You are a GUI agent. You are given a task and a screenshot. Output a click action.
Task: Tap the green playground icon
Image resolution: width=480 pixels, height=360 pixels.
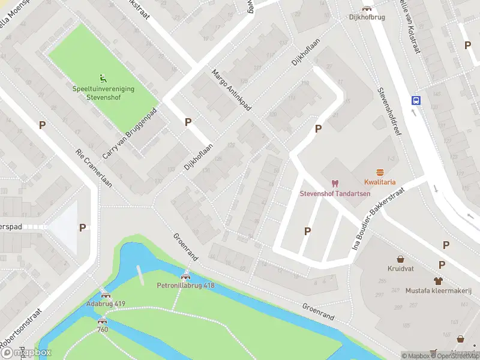point(103,77)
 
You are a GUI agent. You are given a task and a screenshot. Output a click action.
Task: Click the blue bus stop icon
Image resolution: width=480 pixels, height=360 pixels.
point(415,100)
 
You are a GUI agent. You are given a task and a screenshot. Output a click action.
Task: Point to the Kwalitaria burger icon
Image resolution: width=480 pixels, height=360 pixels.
point(379,172)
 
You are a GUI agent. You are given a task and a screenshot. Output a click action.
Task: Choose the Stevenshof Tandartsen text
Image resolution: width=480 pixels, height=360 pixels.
point(335,193)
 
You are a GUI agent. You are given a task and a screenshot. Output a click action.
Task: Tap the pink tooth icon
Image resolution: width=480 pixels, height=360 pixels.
point(335,183)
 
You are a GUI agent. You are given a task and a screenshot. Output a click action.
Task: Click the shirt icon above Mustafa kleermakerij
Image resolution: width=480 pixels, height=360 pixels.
point(438,280)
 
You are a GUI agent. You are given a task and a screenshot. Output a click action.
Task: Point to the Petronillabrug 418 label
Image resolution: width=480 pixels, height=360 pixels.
point(185,286)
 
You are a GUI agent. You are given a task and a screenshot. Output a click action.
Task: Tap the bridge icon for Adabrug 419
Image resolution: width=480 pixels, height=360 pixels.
point(106,295)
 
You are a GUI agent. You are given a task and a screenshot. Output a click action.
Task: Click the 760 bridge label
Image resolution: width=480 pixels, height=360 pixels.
point(103,329)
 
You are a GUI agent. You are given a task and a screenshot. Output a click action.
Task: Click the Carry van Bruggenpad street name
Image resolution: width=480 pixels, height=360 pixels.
point(129,133)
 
